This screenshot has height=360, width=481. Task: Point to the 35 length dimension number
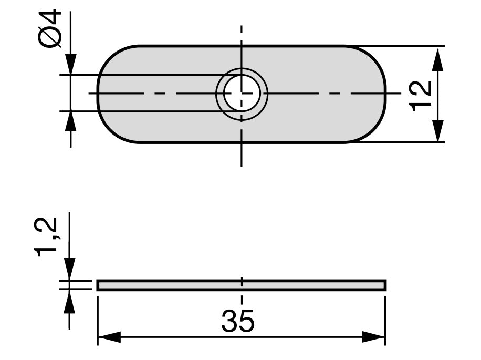pos(238,321)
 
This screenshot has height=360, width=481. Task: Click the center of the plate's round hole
pos(242,94)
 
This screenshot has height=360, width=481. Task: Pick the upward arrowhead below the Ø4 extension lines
pos(70,122)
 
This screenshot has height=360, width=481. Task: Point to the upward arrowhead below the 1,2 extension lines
pos(70,301)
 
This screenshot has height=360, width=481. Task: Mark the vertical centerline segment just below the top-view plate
pos(242,155)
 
